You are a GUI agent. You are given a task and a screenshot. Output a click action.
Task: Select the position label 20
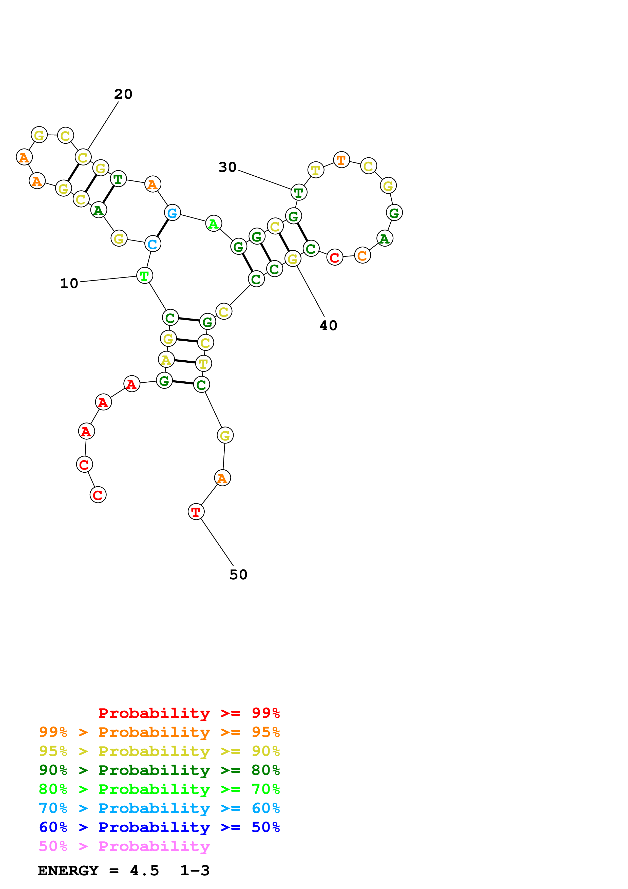click(x=123, y=94)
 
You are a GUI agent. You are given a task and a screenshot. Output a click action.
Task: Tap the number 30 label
click(x=227, y=167)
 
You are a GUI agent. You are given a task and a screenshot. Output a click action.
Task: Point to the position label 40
click(x=328, y=326)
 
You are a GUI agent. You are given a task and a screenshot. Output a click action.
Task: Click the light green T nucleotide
click(x=145, y=276)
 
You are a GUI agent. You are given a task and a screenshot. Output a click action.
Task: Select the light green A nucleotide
click(x=213, y=224)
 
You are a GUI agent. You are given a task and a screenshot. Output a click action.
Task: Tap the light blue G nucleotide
click(x=172, y=213)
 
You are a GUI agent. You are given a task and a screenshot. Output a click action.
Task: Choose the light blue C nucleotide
click(x=153, y=244)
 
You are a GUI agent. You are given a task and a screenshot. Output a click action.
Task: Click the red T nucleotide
click(x=196, y=512)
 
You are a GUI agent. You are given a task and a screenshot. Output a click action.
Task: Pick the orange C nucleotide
click(x=362, y=255)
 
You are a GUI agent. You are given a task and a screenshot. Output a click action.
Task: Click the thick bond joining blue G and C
click(x=163, y=228)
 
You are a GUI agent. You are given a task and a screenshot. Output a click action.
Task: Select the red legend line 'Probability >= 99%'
click(x=189, y=713)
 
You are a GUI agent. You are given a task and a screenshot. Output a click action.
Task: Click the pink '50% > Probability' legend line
click(x=124, y=846)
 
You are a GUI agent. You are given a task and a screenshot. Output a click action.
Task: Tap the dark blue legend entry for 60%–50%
click(x=159, y=827)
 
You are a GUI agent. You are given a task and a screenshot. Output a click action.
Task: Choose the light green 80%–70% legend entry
click(x=159, y=789)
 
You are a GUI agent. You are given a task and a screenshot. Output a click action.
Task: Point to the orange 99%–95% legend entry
click(x=159, y=732)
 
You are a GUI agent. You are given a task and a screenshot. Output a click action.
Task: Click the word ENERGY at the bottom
click(x=68, y=871)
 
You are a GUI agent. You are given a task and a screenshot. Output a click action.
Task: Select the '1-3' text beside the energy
click(x=195, y=871)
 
